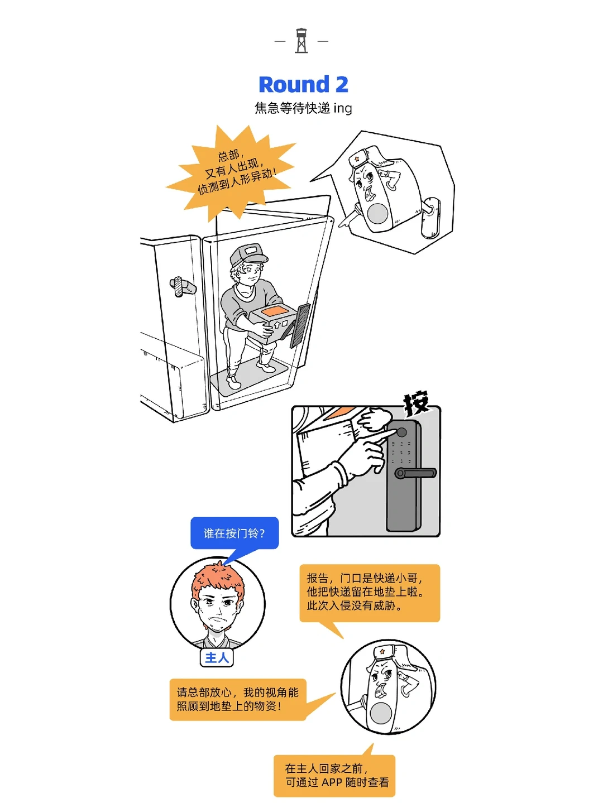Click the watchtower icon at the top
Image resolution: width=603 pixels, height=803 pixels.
[301, 41]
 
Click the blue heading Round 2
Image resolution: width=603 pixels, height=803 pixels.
[303, 85]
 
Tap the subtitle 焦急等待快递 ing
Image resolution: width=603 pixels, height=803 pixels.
[303, 108]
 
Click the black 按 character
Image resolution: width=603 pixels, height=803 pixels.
[417, 402]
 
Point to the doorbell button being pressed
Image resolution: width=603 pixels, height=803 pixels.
[401, 432]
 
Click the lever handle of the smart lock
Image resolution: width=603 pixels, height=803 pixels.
[416, 473]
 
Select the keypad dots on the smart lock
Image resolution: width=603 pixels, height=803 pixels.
[401, 453]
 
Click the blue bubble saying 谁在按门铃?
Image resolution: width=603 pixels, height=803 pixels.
[234, 533]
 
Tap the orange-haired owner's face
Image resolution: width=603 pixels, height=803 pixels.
[218, 605]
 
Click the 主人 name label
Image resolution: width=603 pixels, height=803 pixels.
[217, 658]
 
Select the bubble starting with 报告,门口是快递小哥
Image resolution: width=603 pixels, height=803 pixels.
[370, 593]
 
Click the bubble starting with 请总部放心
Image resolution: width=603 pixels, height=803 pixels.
[238, 699]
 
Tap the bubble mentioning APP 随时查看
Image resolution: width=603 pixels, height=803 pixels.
[334, 776]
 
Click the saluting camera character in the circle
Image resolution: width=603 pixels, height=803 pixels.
[388, 686]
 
